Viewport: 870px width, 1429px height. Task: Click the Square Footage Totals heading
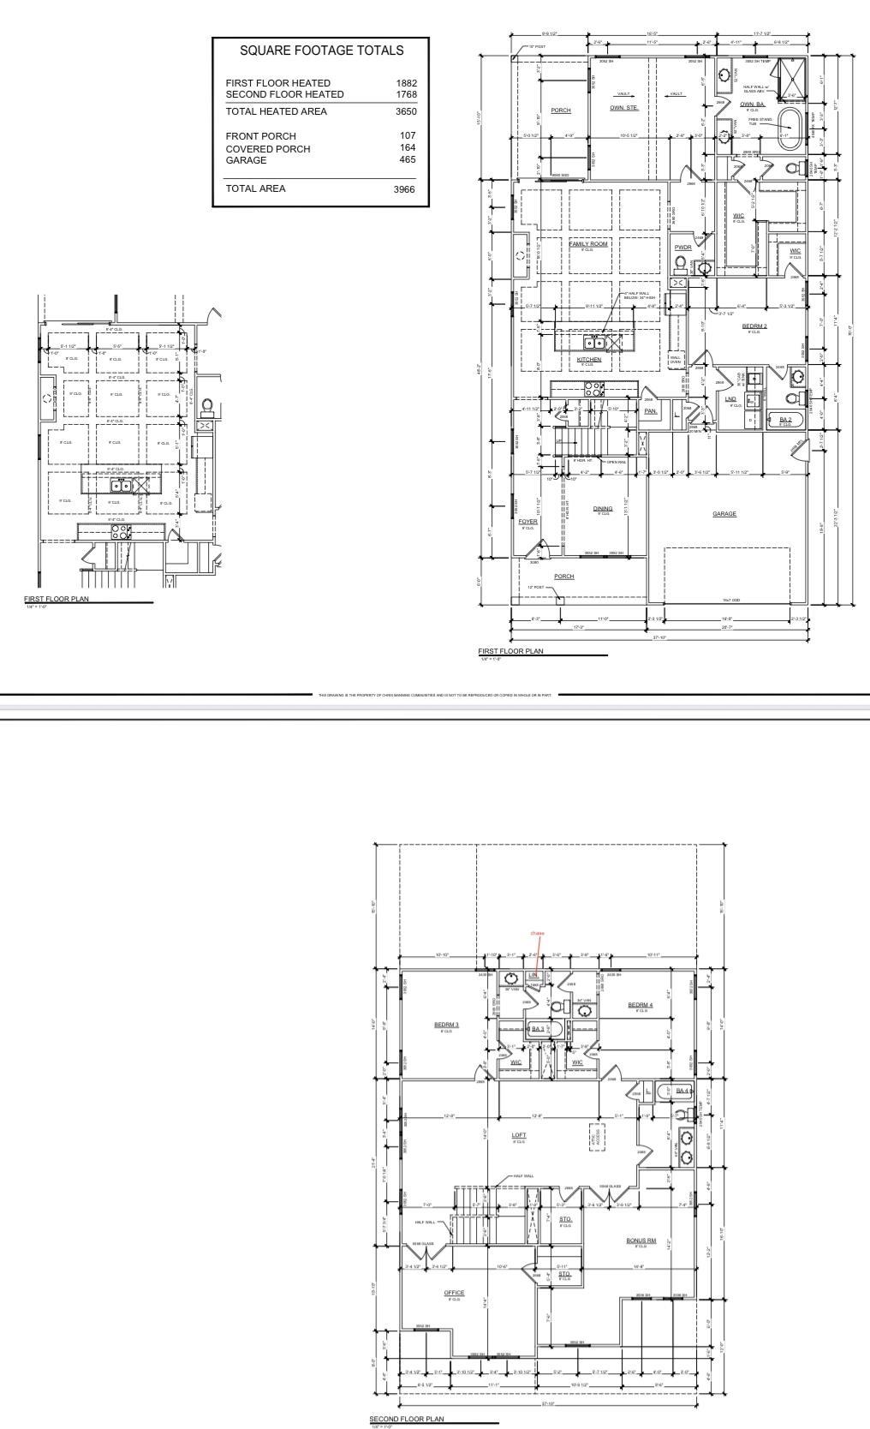click(321, 51)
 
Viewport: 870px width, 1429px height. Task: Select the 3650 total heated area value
click(406, 111)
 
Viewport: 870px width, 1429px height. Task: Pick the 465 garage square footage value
click(408, 160)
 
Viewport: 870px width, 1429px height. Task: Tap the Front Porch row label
click(260, 136)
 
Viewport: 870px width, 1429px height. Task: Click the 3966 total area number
click(404, 189)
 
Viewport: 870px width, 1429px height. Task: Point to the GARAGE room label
click(724, 514)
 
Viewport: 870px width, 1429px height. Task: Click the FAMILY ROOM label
click(588, 244)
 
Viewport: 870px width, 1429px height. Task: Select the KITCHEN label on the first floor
click(588, 360)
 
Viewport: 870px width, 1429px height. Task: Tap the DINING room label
click(603, 509)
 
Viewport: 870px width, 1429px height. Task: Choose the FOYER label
click(527, 521)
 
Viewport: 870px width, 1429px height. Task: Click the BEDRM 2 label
click(754, 326)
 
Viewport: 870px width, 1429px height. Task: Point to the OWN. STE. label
click(624, 108)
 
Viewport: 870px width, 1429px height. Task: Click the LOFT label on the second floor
click(519, 1135)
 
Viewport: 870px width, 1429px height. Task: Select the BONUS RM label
click(641, 1240)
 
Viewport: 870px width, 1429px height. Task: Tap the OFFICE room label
click(454, 1293)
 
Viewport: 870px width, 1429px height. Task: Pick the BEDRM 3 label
click(446, 1025)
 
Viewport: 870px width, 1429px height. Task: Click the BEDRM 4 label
click(640, 1005)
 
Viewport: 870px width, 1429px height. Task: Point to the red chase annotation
click(538, 933)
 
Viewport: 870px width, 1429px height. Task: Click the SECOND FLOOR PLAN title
click(407, 1419)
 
